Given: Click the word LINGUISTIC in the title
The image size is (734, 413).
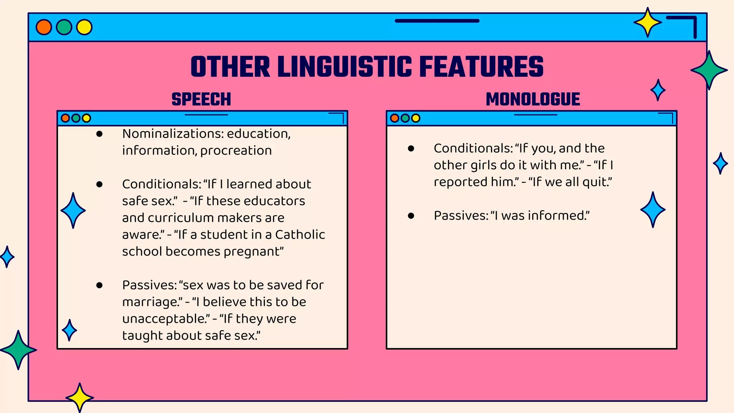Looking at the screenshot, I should (x=345, y=67).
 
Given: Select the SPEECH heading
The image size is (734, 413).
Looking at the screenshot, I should (x=201, y=99).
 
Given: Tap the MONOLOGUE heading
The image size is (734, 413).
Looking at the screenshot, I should (x=533, y=99).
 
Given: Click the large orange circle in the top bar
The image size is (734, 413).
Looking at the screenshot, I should (x=44, y=27).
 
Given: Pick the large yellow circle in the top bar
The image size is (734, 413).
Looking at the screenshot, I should (x=84, y=27).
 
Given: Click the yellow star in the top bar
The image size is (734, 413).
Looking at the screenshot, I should (x=647, y=23).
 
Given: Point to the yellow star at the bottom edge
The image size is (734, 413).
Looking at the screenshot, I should (x=80, y=397).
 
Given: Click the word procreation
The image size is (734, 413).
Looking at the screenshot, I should (x=236, y=151).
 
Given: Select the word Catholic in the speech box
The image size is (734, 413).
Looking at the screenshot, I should (x=300, y=234).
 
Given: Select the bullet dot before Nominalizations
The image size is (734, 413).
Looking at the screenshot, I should (x=100, y=134).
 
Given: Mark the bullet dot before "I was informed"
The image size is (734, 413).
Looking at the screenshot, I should (x=411, y=216).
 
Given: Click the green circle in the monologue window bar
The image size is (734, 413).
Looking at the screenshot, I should (x=405, y=118).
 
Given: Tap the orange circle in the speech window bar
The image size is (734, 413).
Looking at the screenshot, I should (x=65, y=118).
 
